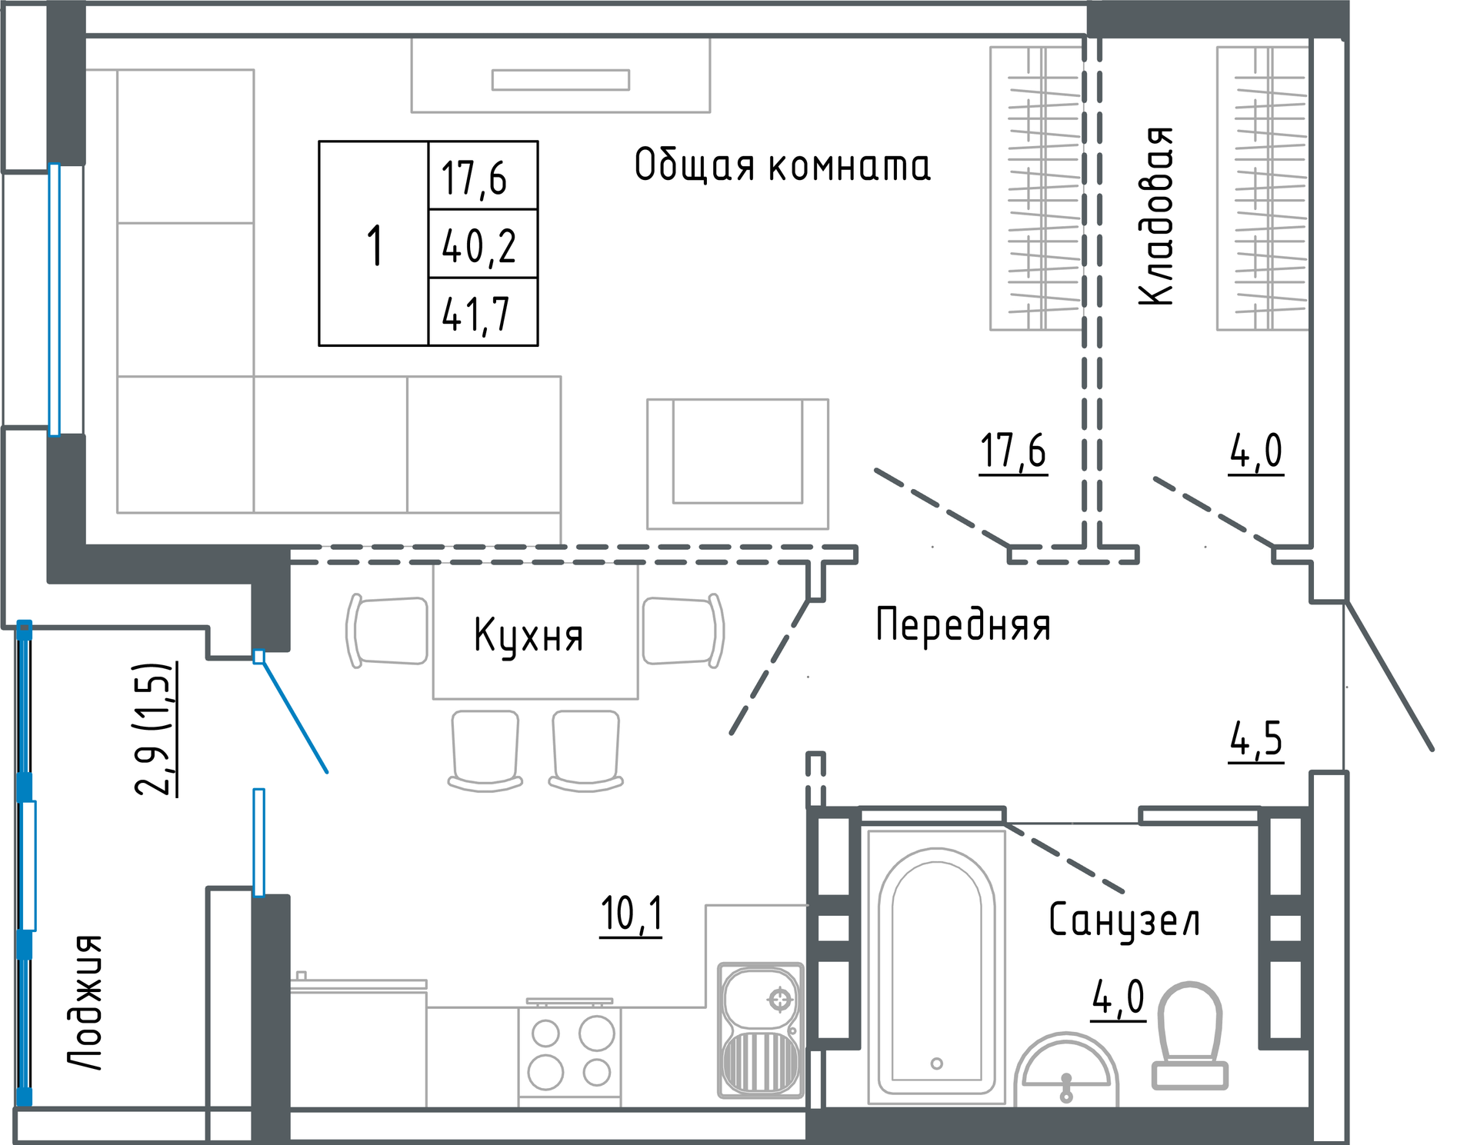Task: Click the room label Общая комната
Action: click(782, 165)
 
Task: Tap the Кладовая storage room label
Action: click(1156, 217)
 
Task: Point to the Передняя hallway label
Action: click(963, 624)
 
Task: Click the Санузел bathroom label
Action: click(1124, 920)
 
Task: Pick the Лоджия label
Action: click(85, 1002)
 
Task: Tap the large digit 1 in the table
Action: click(375, 245)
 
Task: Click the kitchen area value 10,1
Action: click(631, 915)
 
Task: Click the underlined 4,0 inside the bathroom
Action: click(1119, 999)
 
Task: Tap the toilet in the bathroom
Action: click(1189, 1035)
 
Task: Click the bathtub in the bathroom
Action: click(936, 967)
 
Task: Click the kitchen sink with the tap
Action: click(761, 1030)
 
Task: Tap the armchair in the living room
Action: click(738, 464)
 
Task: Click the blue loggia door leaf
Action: click(295, 714)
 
